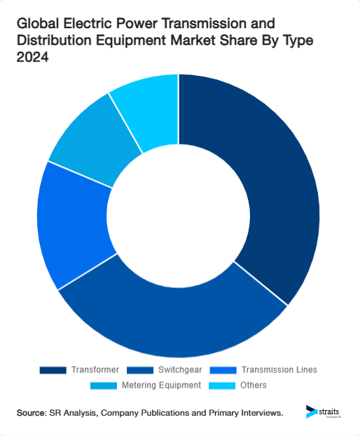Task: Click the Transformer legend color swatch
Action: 53,369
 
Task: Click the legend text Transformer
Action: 95,369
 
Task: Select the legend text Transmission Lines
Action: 278,369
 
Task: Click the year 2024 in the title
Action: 32,58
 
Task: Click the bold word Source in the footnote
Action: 32,414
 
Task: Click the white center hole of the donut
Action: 179,214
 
